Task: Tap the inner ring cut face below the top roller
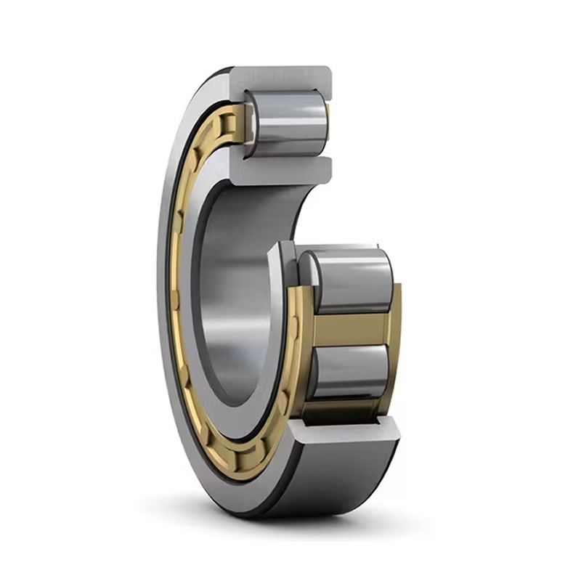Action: pyautogui.click(x=283, y=171)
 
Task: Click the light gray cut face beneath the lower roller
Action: pyautogui.click(x=349, y=431)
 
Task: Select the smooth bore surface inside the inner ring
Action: pyautogui.click(x=232, y=290)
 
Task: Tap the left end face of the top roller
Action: pyautogui.click(x=250, y=123)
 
